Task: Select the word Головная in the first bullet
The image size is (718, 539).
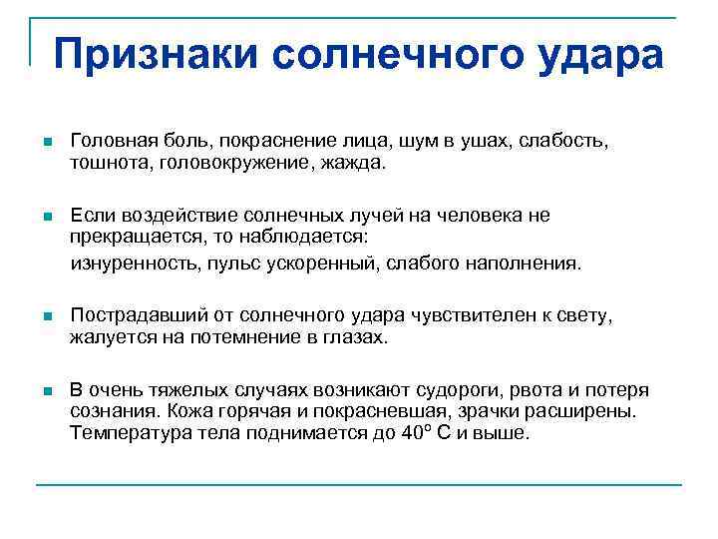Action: click(109, 143)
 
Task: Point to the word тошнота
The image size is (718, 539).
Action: click(107, 162)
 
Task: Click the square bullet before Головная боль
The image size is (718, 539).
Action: click(47, 144)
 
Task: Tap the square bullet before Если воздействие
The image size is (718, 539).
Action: click(47, 218)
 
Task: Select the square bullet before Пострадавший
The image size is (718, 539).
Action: click(47, 318)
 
